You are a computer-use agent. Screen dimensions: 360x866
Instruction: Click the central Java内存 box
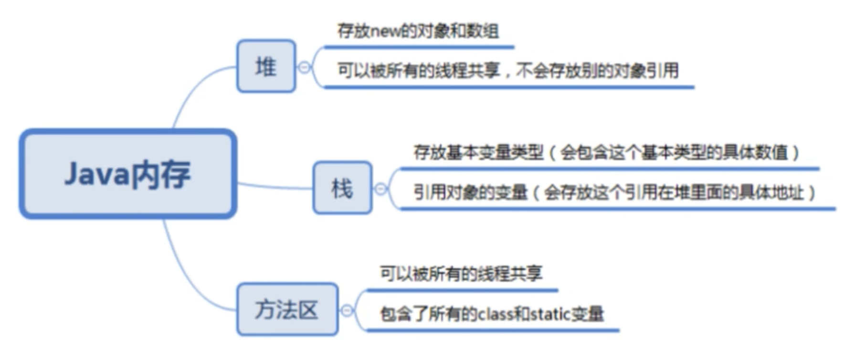tap(128, 174)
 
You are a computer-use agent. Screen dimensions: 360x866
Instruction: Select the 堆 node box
tap(266, 66)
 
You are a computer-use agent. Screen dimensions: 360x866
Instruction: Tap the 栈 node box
tap(342, 188)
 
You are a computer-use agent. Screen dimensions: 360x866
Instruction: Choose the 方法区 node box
tap(287, 309)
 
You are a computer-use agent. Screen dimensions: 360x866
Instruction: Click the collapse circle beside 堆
tap(304, 67)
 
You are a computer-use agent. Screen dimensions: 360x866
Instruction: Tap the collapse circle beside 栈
tap(380, 189)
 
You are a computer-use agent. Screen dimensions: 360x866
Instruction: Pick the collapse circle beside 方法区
tap(347, 311)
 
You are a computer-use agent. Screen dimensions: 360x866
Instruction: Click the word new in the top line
tap(385, 32)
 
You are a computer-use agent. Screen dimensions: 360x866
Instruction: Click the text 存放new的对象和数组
tap(418, 32)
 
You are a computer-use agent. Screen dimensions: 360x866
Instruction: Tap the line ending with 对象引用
tap(508, 71)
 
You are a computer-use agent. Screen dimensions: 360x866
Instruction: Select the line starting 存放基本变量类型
tap(606, 153)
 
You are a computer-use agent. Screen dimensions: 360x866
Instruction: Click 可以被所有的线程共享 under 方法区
tap(461, 274)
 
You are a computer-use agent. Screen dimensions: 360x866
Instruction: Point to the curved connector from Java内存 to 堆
tap(191, 91)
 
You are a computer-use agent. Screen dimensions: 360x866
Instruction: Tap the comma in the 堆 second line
tap(507, 74)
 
